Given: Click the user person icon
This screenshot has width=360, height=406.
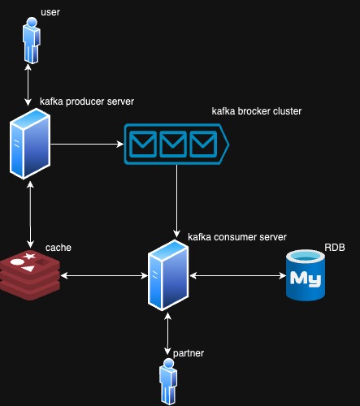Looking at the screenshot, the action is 32,41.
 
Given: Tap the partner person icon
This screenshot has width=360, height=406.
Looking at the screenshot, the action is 168,382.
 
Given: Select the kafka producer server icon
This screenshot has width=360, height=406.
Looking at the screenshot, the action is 30,144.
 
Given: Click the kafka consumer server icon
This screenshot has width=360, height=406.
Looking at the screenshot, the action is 168,275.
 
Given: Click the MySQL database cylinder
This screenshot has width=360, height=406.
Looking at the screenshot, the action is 306,275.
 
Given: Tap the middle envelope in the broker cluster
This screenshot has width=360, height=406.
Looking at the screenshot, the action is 173,144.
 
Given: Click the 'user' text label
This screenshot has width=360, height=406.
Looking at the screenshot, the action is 50,12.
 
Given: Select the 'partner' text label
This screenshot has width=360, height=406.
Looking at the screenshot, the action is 189,353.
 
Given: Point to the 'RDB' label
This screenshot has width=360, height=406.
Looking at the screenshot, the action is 335,248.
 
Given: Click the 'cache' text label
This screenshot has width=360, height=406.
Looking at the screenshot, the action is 59,248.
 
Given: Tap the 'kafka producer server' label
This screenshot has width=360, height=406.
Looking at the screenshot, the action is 87,101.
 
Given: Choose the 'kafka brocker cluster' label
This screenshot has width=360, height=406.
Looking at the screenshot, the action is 257,111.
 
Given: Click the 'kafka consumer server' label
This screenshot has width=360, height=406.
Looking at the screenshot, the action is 237,237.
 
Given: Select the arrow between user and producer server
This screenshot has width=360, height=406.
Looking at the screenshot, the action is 28,84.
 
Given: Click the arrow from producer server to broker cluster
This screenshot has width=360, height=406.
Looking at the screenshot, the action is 87,144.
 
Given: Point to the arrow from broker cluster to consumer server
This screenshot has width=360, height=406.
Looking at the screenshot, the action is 176,201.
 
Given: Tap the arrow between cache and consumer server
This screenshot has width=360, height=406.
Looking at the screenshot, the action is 104,276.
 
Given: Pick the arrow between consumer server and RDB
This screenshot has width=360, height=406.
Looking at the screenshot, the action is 238,276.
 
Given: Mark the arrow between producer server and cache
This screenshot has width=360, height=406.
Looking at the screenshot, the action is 30,214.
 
